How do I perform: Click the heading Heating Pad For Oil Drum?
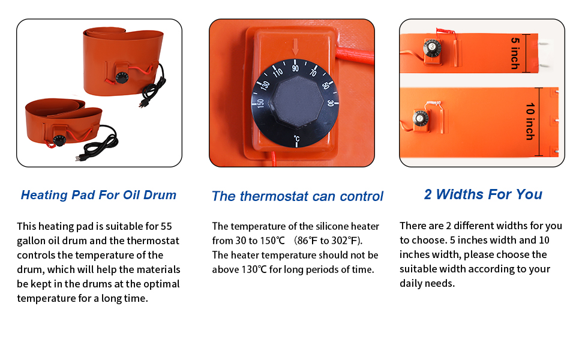click(98, 195)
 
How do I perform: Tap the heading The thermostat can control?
click(298, 196)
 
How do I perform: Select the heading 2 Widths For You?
click(483, 194)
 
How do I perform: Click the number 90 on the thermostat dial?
click(295, 68)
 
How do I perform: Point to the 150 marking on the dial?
click(260, 103)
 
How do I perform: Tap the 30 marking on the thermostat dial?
click(331, 103)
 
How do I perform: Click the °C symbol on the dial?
click(296, 139)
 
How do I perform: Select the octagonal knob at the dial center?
click(296, 101)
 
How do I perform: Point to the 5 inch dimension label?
click(515, 53)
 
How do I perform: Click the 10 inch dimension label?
click(530, 121)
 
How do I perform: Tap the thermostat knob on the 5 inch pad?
click(431, 48)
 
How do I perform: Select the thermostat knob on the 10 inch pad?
click(421, 118)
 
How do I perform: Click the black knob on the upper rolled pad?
click(122, 77)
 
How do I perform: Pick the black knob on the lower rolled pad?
click(59, 140)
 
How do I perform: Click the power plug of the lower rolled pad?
click(80, 157)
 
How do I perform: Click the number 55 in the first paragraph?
click(166, 226)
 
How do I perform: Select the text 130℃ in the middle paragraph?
click(254, 269)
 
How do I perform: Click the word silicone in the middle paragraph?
click(331, 226)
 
